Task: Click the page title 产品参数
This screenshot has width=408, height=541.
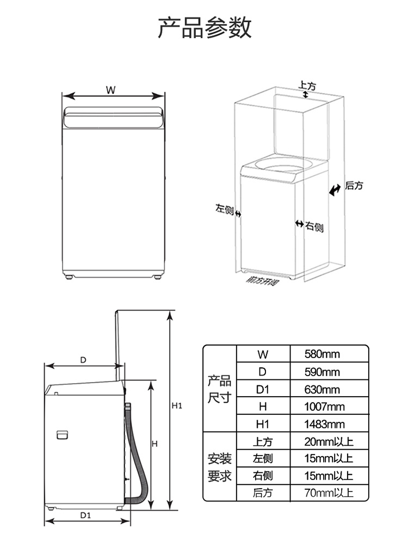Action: click(205, 27)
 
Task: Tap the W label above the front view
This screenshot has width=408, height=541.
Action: click(110, 90)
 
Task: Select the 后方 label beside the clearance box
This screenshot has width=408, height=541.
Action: click(354, 186)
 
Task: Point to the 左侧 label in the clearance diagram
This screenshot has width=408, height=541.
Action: click(224, 209)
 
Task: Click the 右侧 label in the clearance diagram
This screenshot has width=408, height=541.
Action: click(314, 226)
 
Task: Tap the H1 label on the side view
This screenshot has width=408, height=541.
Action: click(176, 405)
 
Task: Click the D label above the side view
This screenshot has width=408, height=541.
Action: click(83, 360)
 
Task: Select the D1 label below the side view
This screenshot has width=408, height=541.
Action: click(85, 515)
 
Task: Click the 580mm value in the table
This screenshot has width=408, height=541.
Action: click(322, 354)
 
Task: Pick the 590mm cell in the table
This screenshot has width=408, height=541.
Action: click(322, 372)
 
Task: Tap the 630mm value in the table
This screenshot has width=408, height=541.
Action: click(322, 389)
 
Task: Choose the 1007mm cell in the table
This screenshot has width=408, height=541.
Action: click(325, 407)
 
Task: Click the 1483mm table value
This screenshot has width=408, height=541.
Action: click(325, 424)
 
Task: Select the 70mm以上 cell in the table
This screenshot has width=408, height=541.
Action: click(329, 493)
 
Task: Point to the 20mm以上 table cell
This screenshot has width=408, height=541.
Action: click(329, 441)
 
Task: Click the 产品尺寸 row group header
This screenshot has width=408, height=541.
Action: click(220, 389)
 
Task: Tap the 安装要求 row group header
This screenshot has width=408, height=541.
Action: click(220, 466)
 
